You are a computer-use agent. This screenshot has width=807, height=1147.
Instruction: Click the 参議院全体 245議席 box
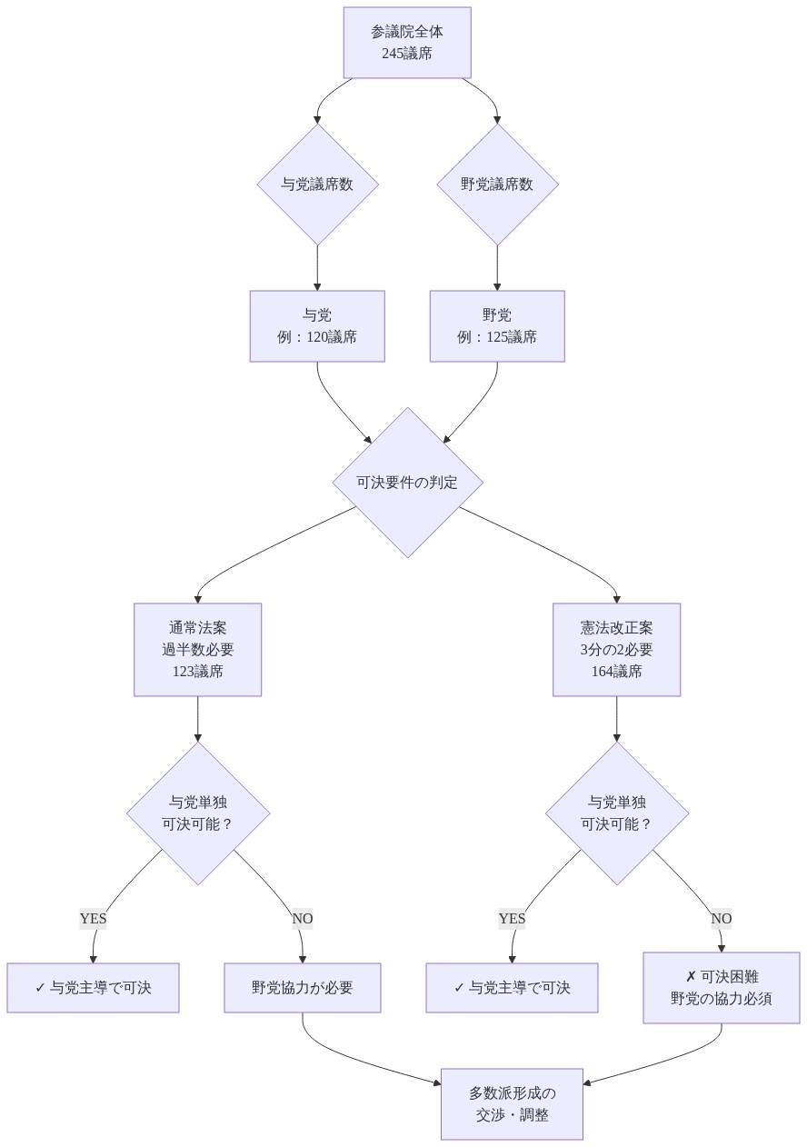(x=407, y=43)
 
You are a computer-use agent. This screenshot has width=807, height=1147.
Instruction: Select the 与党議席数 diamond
(x=317, y=185)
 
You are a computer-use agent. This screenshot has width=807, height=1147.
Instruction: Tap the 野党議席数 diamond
(x=497, y=185)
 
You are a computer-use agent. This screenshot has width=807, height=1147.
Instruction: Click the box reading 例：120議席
(x=317, y=326)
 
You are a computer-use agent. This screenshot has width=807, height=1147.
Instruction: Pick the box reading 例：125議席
(x=497, y=326)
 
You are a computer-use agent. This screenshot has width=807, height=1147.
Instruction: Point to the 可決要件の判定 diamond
(x=408, y=483)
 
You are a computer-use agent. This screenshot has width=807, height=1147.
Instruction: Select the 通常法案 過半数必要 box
(x=197, y=649)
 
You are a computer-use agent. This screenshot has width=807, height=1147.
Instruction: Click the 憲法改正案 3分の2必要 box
(x=616, y=649)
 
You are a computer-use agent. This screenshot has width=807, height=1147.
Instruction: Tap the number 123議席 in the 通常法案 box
(x=197, y=672)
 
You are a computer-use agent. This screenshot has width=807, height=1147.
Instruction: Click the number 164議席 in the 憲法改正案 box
(x=616, y=672)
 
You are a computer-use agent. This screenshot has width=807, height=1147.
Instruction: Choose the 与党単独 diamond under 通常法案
(x=197, y=813)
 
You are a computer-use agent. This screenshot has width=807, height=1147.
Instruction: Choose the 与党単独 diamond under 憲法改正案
(x=616, y=813)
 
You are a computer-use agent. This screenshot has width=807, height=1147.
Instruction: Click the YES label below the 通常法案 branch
(x=94, y=919)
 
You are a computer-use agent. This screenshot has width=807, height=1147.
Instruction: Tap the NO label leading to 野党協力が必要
(x=303, y=919)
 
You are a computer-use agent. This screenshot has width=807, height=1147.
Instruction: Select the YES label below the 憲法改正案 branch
(x=512, y=919)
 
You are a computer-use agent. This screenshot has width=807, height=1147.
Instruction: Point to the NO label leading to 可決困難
(x=722, y=919)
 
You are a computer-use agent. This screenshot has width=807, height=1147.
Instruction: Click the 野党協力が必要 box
(x=303, y=988)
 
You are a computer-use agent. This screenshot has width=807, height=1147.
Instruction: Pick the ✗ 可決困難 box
(x=722, y=988)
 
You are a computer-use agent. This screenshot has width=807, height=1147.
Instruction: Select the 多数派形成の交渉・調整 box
(x=512, y=1104)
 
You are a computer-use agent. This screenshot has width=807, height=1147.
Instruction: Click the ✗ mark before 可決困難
(x=691, y=977)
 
